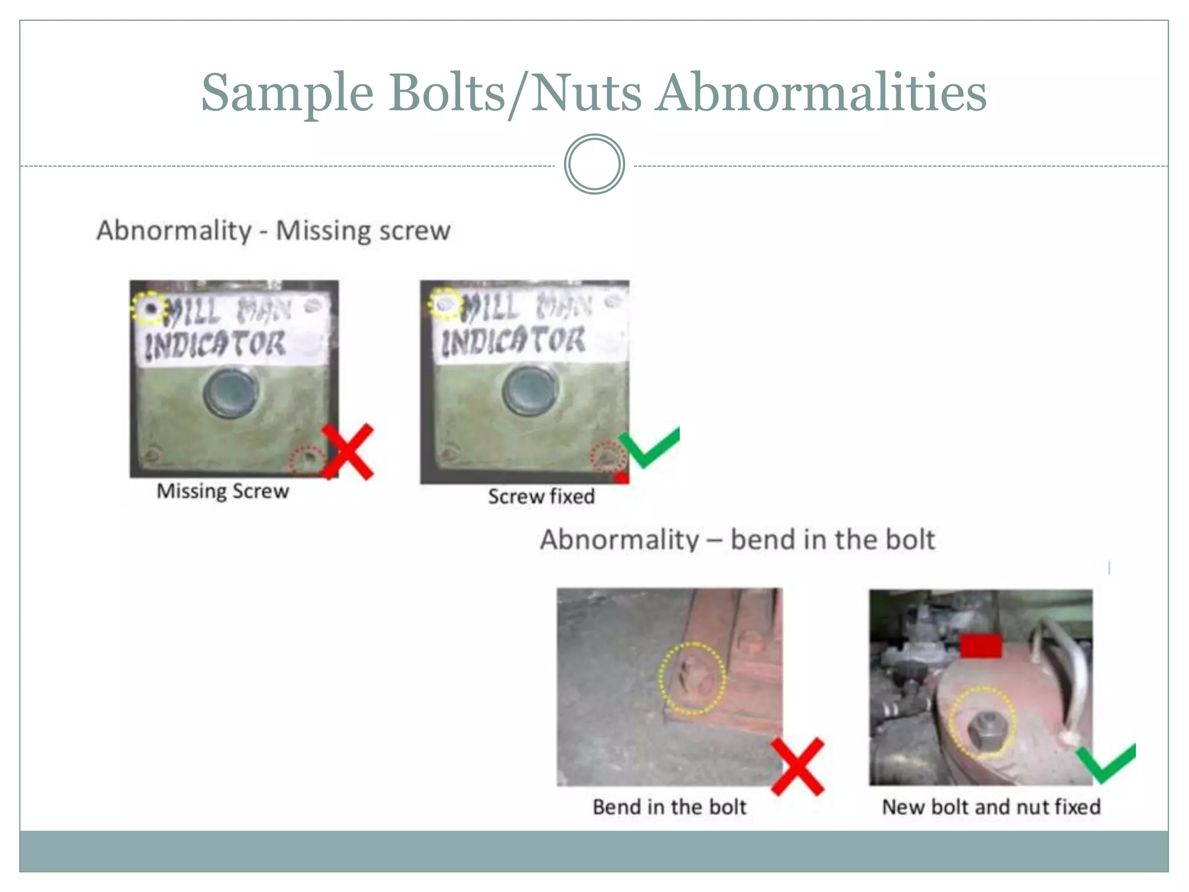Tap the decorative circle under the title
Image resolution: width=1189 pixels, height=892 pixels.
(x=594, y=164)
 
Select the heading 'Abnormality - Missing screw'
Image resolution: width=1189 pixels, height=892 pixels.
(x=273, y=231)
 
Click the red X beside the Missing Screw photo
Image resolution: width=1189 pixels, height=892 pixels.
(x=348, y=452)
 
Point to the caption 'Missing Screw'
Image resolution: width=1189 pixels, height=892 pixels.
(x=222, y=491)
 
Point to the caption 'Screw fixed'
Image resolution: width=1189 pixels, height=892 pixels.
(x=541, y=497)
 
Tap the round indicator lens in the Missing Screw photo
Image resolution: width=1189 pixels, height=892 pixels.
(x=231, y=392)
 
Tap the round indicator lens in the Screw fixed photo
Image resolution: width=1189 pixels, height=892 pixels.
(x=529, y=391)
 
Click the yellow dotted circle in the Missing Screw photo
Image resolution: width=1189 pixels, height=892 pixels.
(x=149, y=308)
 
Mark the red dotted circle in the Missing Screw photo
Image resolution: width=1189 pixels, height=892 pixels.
(x=308, y=459)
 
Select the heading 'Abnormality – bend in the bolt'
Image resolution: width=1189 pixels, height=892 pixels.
(x=737, y=539)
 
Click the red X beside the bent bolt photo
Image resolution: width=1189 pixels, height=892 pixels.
(x=798, y=766)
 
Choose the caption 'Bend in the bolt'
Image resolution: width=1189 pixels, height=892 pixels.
(x=669, y=807)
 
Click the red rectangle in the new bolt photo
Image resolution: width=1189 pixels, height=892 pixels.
(x=981, y=646)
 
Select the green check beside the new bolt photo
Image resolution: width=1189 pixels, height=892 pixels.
(x=1105, y=763)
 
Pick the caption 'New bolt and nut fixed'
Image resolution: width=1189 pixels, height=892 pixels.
(x=991, y=807)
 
